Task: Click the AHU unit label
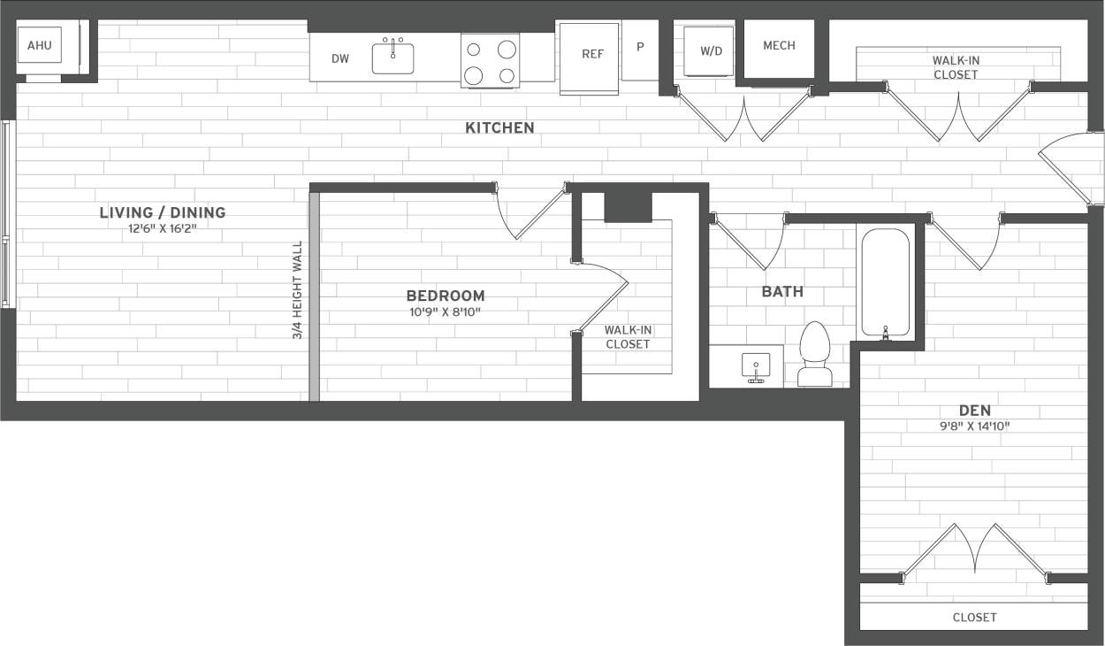[40, 45]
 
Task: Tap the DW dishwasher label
[340, 59]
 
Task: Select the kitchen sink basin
[393, 58]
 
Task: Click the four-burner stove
[490, 61]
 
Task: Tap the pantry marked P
[640, 48]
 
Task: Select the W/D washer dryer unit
[711, 51]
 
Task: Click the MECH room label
[779, 46]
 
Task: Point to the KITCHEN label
[499, 128]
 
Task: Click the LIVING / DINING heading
[163, 212]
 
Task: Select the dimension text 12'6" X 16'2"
[163, 227]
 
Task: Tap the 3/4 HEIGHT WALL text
[298, 290]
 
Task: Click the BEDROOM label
[446, 296]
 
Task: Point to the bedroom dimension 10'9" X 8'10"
[446, 311]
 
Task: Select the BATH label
[782, 292]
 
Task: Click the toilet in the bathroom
[815, 356]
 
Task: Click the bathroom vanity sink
[756, 366]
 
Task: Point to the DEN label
[975, 411]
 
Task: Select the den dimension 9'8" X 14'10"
[975, 427]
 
